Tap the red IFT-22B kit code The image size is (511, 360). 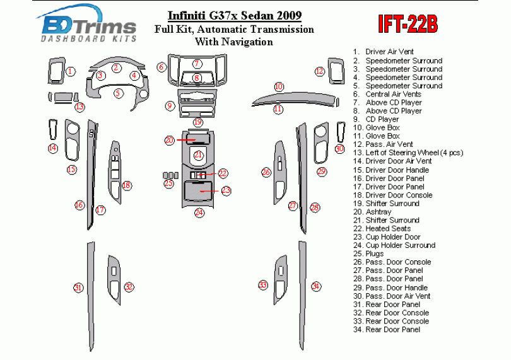tap(408, 25)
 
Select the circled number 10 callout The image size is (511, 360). tap(278, 86)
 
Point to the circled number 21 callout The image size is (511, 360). tap(199, 155)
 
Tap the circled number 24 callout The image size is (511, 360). tap(199, 212)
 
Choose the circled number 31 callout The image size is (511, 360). tap(78, 287)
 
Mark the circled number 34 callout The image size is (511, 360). tap(315, 286)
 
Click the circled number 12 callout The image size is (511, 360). tap(320, 71)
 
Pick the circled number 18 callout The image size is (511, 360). tap(127, 185)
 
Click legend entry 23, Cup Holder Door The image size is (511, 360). tap(394, 237)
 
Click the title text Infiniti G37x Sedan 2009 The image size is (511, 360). tap(225, 15)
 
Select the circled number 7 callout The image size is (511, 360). tap(197, 64)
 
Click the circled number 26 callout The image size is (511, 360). tap(266, 172)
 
